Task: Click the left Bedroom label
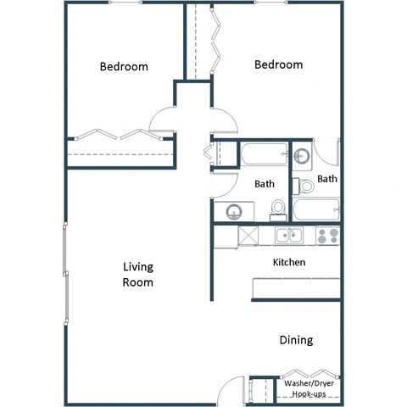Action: (x=124, y=67)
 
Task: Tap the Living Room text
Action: (x=138, y=275)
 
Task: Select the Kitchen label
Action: (x=288, y=262)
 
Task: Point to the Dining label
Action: (x=296, y=340)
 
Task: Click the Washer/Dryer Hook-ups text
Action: (x=309, y=389)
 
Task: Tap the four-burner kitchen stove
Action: (x=328, y=235)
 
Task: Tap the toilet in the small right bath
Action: (x=305, y=186)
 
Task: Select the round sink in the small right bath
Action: (x=302, y=156)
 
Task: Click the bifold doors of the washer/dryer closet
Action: (x=309, y=374)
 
